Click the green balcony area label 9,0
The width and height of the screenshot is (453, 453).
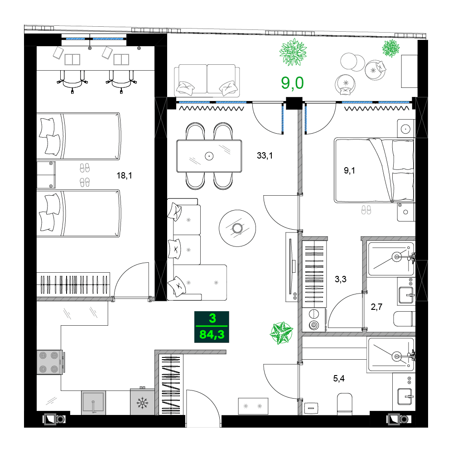[x=292, y=83]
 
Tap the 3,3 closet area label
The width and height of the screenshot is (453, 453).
[x=340, y=280]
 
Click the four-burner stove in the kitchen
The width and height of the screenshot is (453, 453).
[x=49, y=362]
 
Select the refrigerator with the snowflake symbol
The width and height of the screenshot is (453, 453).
[x=142, y=401]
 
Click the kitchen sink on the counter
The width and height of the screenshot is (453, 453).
[x=93, y=403]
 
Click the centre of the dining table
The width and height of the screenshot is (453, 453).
[x=209, y=156]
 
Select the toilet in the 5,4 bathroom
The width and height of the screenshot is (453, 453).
[x=345, y=403]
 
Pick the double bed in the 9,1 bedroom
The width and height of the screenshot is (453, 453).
[x=374, y=170]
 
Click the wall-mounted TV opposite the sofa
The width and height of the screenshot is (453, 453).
[x=290, y=268]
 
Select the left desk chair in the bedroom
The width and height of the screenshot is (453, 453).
[x=73, y=80]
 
